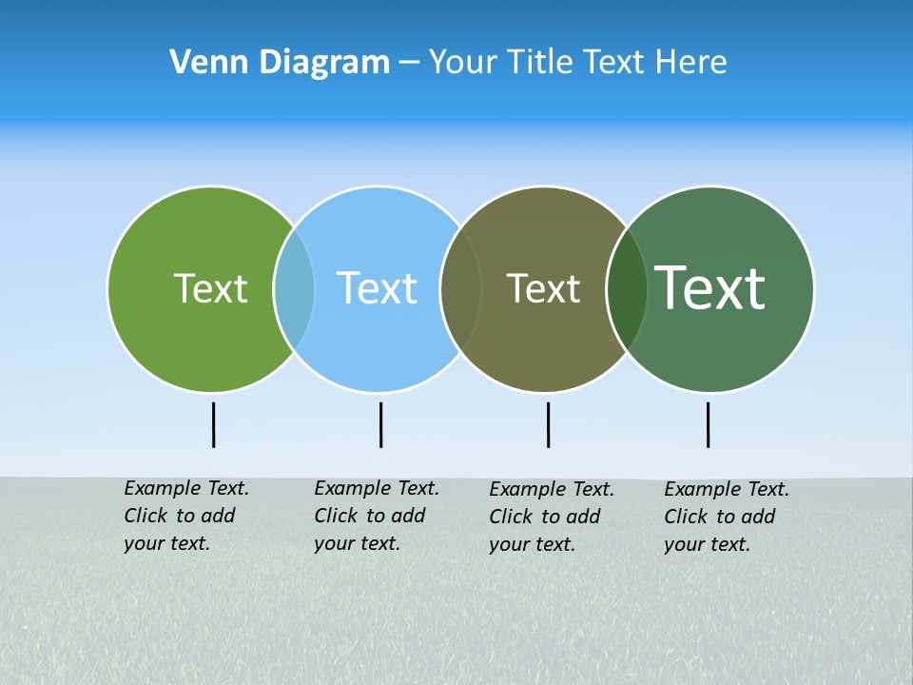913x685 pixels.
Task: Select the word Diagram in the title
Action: tap(324, 62)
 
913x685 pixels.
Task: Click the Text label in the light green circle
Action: tap(210, 288)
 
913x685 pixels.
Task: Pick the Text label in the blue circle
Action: tap(377, 288)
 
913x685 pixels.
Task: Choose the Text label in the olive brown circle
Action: tap(543, 288)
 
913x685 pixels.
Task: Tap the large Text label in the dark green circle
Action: tap(710, 287)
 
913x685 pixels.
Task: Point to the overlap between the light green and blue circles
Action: tap(294, 288)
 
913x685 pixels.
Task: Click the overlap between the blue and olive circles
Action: tap(461, 288)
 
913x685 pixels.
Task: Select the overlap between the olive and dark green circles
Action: tap(627, 288)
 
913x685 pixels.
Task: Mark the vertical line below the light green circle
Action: tap(214, 424)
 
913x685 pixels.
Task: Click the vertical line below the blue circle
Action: tap(380, 424)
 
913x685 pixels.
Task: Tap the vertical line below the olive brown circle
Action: tap(548, 424)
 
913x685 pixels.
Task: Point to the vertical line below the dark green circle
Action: tap(708, 424)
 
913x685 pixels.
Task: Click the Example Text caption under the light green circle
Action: tap(185, 516)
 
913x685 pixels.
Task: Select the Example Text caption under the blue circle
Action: tap(376, 516)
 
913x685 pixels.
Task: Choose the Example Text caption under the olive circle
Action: tap(551, 517)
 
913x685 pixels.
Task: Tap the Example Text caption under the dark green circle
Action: tap(726, 517)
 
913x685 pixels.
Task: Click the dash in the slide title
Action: tap(409, 62)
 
